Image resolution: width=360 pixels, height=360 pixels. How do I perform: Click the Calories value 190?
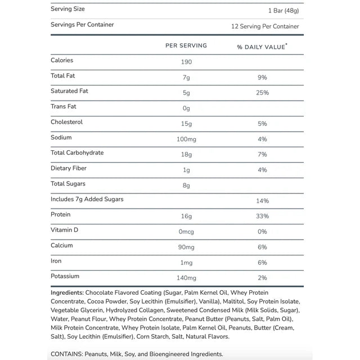coord(186,62)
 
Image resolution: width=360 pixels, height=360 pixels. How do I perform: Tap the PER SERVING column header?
coord(186,46)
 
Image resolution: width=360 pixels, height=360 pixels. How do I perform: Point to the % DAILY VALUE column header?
coord(262,47)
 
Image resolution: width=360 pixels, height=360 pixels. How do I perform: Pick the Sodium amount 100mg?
coord(186,139)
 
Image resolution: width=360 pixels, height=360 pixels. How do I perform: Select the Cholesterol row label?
coord(67,121)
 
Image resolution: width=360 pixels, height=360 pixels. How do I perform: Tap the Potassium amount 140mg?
coord(186,278)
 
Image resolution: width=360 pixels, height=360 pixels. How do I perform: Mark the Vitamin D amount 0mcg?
coord(186,231)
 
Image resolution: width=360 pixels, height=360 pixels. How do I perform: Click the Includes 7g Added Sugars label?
coord(87,199)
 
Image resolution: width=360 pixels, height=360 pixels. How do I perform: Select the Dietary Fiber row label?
coord(69,168)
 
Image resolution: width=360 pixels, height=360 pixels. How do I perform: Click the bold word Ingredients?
coord(67,292)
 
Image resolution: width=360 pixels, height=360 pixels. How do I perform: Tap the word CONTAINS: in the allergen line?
coord(66,354)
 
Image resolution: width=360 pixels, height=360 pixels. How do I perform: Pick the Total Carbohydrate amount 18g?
coord(186,154)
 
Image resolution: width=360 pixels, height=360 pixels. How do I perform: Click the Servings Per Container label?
coord(82,25)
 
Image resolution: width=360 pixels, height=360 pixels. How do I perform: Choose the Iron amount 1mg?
coord(186,262)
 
